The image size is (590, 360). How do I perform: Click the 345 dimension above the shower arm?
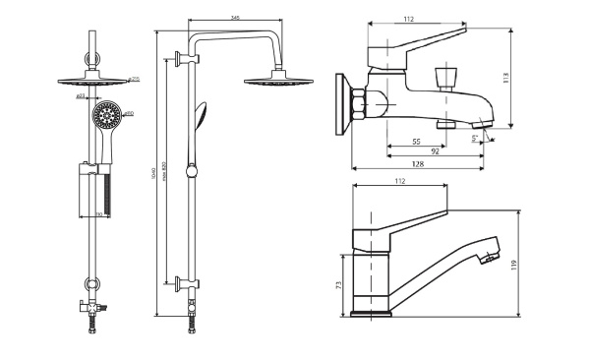(x=234, y=19)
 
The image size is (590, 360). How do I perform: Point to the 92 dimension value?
(x=434, y=152)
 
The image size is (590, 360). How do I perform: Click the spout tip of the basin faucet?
(x=484, y=257)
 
